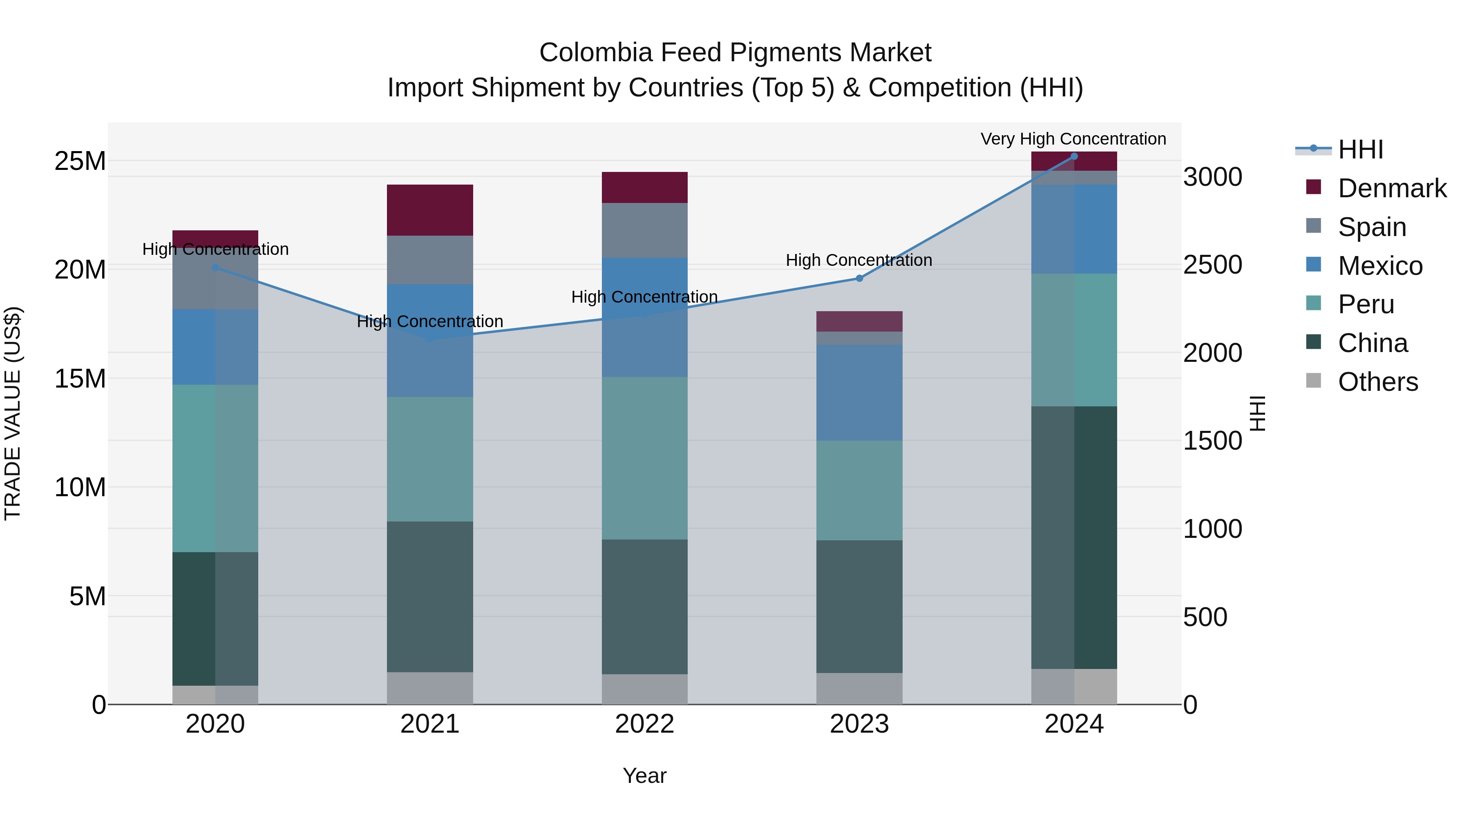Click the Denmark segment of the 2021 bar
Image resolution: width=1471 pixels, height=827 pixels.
[x=429, y=210]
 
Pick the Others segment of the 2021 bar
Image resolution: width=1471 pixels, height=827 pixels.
[x=429, y=688]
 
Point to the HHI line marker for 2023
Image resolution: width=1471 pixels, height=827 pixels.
[x=859, y=279]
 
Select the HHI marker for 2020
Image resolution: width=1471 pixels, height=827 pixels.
[x=215, y=267]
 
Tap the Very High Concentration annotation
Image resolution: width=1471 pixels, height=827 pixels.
[x=1073, y=139]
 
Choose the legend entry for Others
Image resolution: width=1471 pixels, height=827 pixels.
[x=1377, y=382]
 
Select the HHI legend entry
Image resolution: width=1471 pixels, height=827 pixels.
[x=1360, y=149]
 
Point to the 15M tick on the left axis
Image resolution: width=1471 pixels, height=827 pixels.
[x=80, y=379]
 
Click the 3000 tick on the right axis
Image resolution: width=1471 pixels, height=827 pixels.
[x=1212, y=177]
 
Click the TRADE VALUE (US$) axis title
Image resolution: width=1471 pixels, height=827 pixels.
[x=13, y=413]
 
